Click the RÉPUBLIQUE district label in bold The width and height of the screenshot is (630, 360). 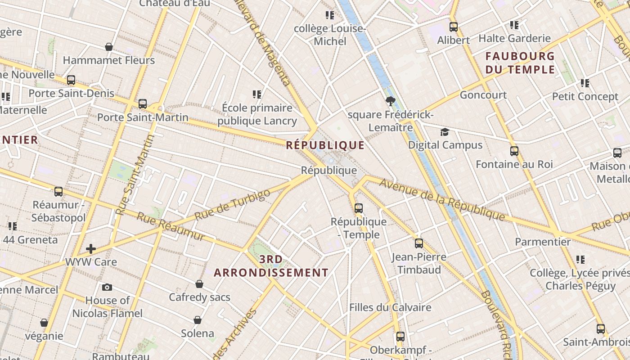(x=325, y=145)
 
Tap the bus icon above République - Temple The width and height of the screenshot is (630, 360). (x=359, y=208)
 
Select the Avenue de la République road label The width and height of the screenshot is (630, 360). (x=442, y=200)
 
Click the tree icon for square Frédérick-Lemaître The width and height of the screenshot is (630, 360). (x=390, y=102)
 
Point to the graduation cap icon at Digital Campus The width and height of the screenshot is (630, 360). (x=445, y=132)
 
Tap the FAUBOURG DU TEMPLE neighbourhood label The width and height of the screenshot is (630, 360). (x=520, y=63)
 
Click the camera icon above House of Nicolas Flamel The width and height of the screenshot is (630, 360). (x=107, y=287)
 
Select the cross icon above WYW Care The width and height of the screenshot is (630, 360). (x=91, y=248)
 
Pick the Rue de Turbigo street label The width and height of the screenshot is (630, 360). (x=233, y=205)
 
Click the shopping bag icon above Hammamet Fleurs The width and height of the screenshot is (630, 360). (x=109, y=47)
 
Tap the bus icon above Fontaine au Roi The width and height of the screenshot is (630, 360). (x=514, y=151)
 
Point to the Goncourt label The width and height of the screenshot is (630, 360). (x=483, y=95)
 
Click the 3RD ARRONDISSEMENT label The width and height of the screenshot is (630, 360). (x=271, y=266)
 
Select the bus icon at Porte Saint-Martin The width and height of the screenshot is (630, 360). (x=143, y=104)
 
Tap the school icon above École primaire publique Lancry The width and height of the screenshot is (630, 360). (x=257, y=94)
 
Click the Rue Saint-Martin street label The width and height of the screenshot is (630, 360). (x=135, y=175)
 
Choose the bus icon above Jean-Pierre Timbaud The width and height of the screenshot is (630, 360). (x=419, y=243)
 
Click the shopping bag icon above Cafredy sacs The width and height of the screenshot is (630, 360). (x=199, y=284)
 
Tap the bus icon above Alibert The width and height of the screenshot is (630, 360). (x=454, y=27)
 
